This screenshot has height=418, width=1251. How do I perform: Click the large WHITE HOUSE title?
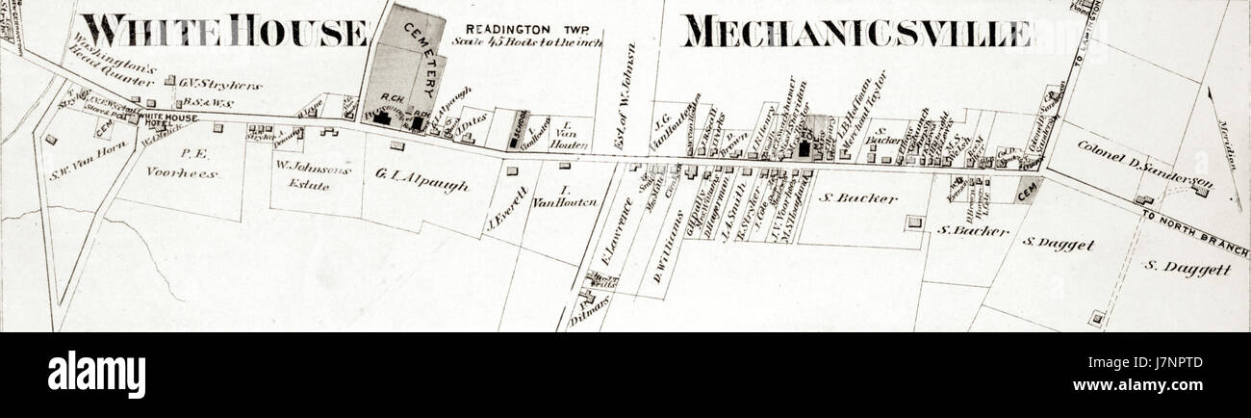pos(224,31)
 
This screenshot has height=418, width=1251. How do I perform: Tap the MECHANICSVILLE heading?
pos(856,31)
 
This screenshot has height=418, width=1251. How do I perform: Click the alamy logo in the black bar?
pos(96,374)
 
